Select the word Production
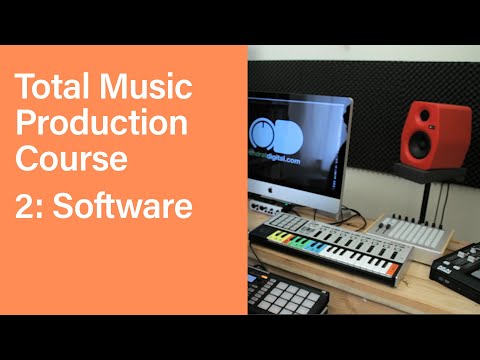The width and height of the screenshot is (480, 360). click(x=101, y=123)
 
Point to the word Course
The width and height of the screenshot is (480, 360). click(x=70, y=160)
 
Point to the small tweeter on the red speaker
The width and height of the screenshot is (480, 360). click(x=429, y=113)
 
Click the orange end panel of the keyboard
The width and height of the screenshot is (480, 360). click(x=393, y=268)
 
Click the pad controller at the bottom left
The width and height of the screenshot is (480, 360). click(x=285, y=296)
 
